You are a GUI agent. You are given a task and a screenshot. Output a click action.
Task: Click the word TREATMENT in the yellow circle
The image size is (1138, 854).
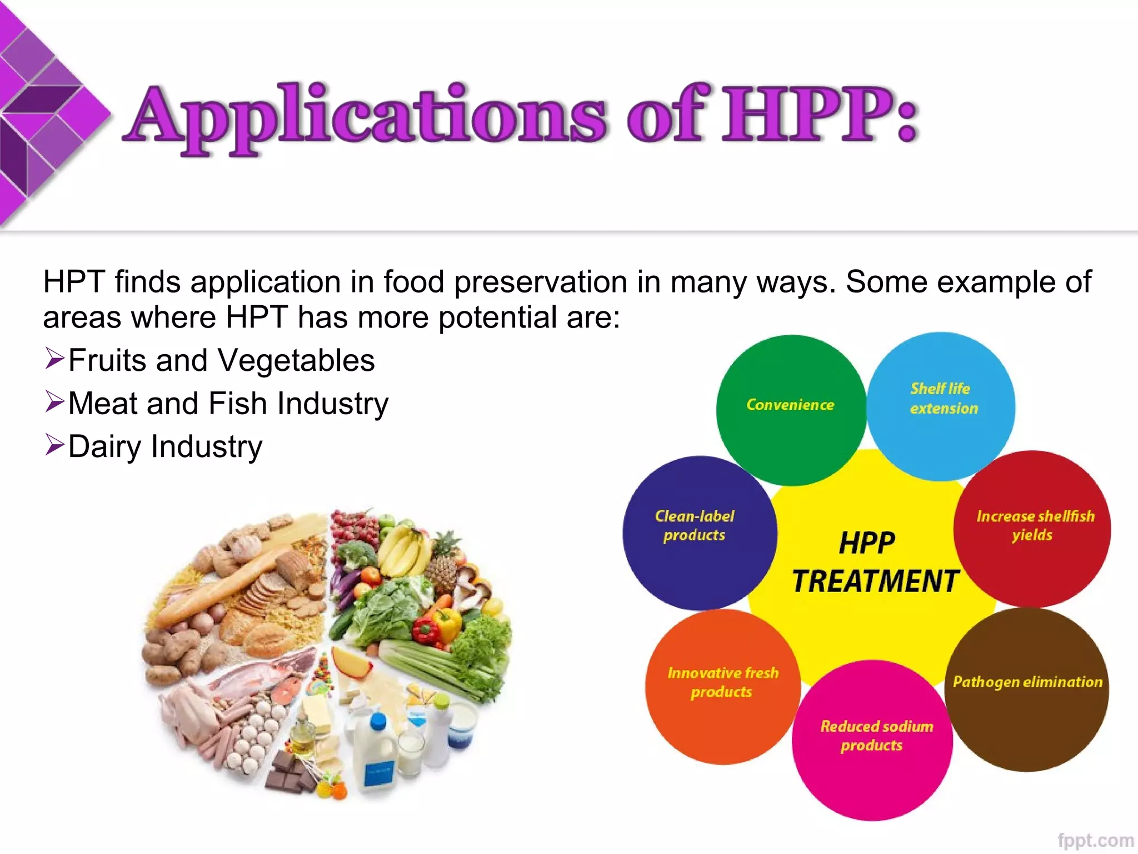(876, 582)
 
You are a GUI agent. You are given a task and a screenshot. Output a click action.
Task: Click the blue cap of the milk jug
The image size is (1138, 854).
(378, 721)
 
